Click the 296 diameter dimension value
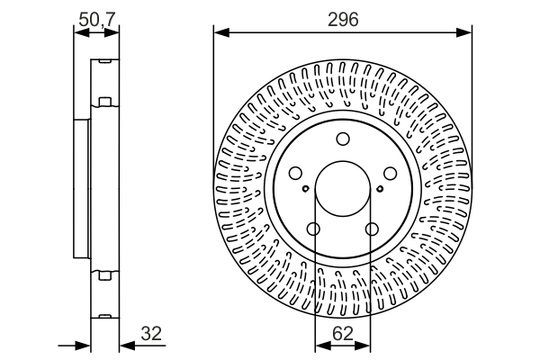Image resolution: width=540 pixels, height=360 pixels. [x=343, y=17]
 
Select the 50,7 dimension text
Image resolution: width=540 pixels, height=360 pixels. [x=96, y=17]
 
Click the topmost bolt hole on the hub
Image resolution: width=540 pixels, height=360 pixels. [x=343, y=139]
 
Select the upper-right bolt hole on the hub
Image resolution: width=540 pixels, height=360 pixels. [x=391, y=174]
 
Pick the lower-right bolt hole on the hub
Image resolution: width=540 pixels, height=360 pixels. [x=372, y=229]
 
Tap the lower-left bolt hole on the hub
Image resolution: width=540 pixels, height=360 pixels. [x=313, y=229]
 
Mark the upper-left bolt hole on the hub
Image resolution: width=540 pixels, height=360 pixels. [x=295, y=174]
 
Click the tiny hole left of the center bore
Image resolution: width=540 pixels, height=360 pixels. [x=307, y=188]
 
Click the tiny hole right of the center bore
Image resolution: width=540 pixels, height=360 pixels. [x=379, y=188]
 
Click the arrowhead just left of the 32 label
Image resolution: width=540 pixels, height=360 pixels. [x=124, y=345]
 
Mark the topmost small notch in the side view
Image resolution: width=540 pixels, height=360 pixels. [x=105, y=60]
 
